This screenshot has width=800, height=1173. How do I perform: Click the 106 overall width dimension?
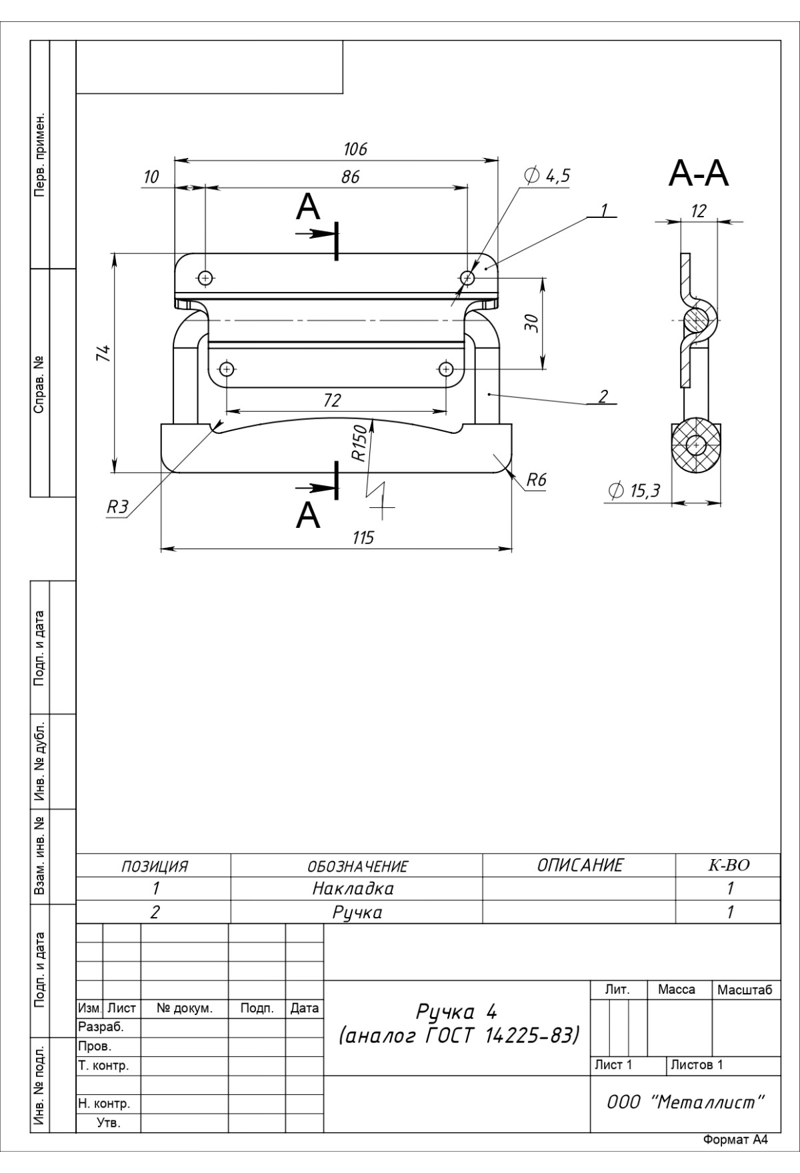tap(355, 149)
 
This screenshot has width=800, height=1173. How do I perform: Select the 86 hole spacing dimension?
tap(350, 177)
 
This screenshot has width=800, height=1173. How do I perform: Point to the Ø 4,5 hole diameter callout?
tap(547, 176)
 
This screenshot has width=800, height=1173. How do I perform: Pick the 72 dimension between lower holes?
tap(331, 400)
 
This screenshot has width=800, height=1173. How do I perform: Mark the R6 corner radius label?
tap(536, 480)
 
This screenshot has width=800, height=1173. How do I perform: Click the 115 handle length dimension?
tap(363, 538)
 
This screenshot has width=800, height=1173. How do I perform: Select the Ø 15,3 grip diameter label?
tap(634, 491)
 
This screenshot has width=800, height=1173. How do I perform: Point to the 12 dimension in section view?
tap(698, 211)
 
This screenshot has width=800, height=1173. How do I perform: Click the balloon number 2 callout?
tap(603, 397)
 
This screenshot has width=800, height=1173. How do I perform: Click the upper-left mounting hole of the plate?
tap(205, 277)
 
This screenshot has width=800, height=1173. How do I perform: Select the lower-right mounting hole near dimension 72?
tap(447, 369)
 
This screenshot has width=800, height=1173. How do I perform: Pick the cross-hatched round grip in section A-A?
tap(696, 445)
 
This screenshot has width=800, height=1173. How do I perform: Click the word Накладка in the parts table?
tap(353, 888)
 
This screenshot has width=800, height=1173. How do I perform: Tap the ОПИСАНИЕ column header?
tap(579, 865)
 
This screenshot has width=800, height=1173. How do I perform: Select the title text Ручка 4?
tap(457, 1012)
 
